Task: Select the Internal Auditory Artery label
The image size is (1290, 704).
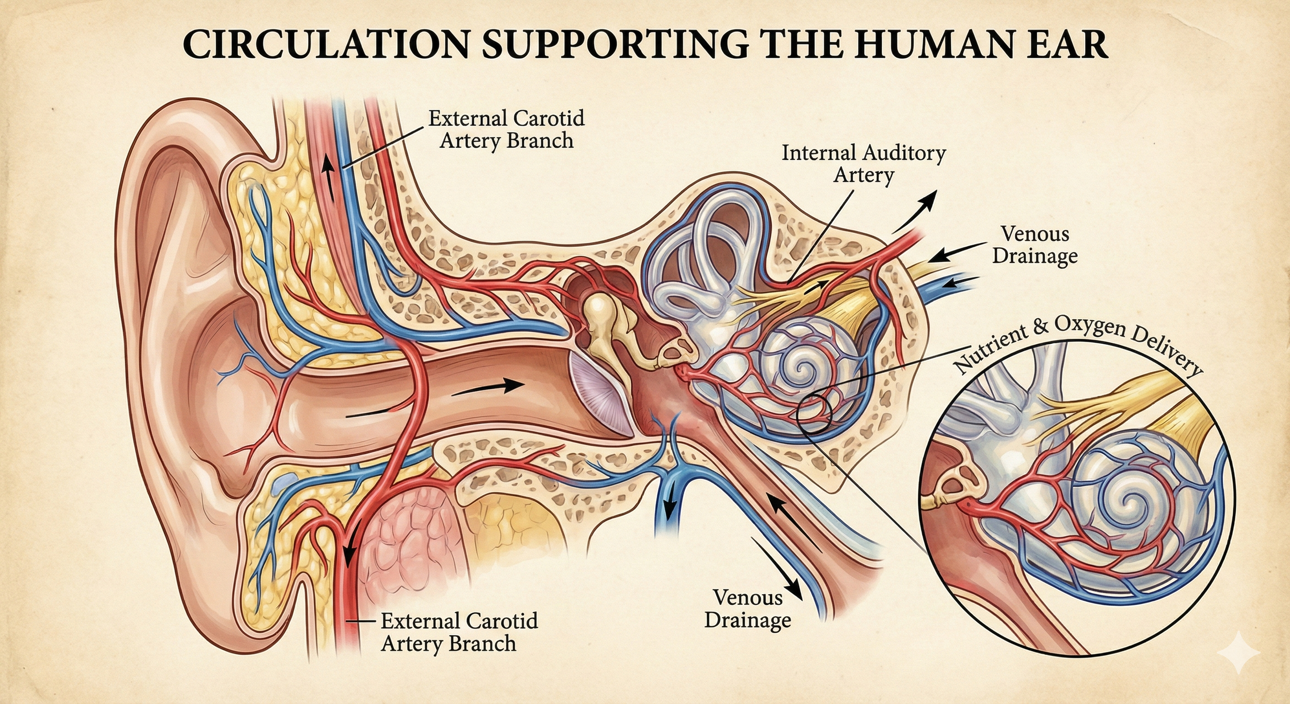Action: coord(863,164)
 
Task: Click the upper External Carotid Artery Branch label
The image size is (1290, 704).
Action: coord(506,129)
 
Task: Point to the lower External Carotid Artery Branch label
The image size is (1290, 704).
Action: coord(459,632)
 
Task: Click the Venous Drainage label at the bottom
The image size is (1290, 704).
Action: coord(747,609)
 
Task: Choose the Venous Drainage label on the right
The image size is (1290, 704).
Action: coord(1035,245)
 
